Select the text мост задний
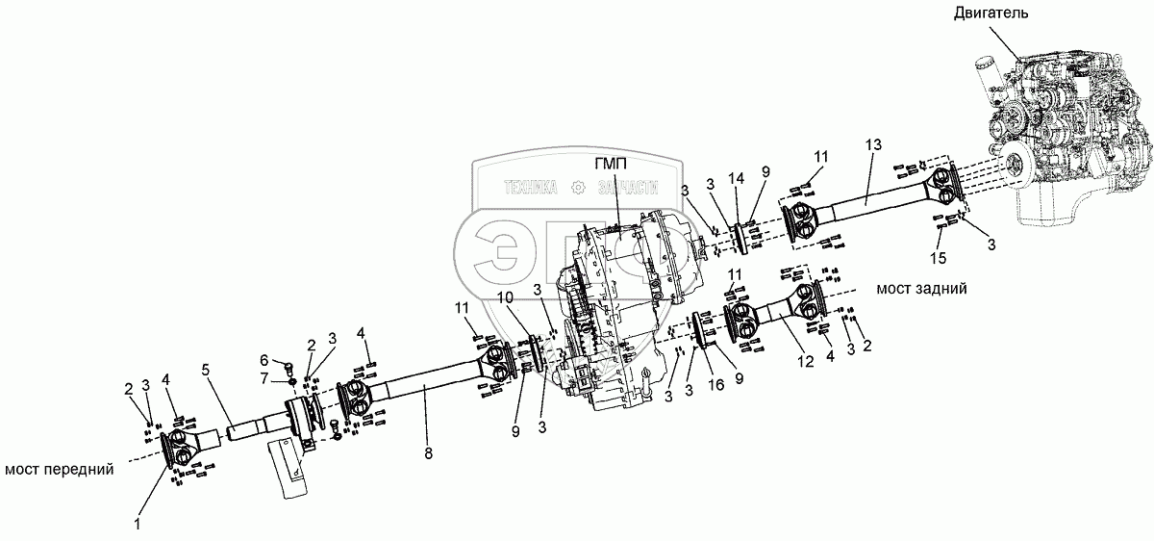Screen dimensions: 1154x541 coord(921,288)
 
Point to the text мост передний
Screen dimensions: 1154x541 coord(60,470)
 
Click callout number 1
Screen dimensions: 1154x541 coord(138,525)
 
